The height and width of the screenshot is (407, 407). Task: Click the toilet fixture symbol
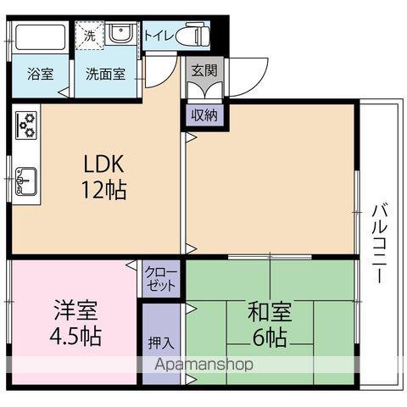(x=192, y=36)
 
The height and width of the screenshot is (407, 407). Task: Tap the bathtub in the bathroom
(x=41, y=37)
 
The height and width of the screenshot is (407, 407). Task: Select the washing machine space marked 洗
(x=90, y=36)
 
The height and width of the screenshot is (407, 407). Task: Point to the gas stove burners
(x=26, y=125)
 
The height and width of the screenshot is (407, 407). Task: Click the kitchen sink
(x=26, y=181)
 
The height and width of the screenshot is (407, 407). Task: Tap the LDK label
(x=103, y=164)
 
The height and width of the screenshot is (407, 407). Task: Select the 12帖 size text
(x=103, y=190)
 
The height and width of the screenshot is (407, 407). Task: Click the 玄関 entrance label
(x=204, y=70)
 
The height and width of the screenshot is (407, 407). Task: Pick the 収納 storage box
(x=204, y=115)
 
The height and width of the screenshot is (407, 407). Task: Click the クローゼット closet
(x=161, y=279)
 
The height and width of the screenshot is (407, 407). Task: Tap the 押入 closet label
(x=160, y=343)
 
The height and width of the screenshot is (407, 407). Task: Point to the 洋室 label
(x=75, y=310)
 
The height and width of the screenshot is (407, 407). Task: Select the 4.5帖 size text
(x=75, y=337)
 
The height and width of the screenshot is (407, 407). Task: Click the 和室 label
(x=270, y=312)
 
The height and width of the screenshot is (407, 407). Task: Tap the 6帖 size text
(x=270, y=337)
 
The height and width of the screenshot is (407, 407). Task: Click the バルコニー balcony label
(x=379, y=243)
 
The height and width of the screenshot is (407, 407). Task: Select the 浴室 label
(x=41, y=74)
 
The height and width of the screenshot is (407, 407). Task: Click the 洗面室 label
(x=105, y=74)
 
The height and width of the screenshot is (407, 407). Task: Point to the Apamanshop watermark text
(x=203, y=365)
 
